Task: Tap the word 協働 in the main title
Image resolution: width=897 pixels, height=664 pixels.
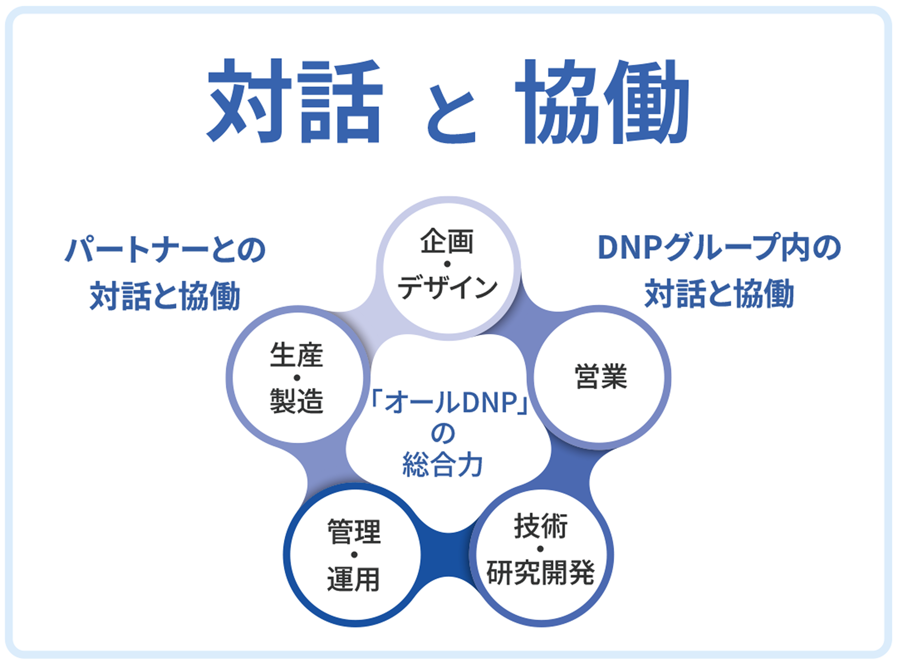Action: pyautogui.click(x=602, y=101)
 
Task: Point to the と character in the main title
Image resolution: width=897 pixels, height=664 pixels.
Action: pyautogui.click(x=450, y=113)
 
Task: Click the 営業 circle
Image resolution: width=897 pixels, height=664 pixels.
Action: pyautogui.click(x=600, y=377)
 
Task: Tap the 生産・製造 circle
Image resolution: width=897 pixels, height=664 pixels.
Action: pyautogui.click(x=297, y=377)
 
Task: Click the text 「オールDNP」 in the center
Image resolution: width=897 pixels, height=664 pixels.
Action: pyautogui.click(x=448, y=403)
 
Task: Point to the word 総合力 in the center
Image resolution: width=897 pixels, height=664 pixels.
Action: pyautogui.click(x=443, y=465)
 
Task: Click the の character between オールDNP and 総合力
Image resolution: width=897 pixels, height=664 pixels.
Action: pyautogui.click(x=443, y=433)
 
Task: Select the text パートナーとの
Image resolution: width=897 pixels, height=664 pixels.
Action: pyautogui.click(x=165, y=250)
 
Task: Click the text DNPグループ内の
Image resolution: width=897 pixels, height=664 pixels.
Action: pyautogui.click(x=719, y=248)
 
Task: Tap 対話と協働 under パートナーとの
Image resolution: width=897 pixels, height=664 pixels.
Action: pyautogui.click(x=165, y=296)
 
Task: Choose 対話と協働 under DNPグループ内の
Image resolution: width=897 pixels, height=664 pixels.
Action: pyautogui.click(x=719, y=294)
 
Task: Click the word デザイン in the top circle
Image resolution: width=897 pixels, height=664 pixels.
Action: pyautogui.click(x=448, y=287)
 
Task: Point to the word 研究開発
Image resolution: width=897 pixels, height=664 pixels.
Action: pyautogui.click(x=541, y=572)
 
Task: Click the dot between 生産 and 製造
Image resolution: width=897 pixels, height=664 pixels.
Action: pyautogui.click(x=297, y=378)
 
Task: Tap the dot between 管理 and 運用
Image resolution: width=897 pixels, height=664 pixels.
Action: pyautogui.click(x=354, y=555)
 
